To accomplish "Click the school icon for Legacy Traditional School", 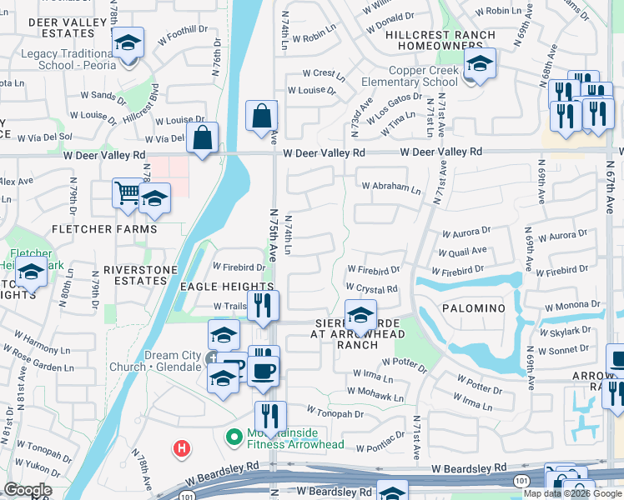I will click(128, 42).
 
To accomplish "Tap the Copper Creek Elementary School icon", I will click(480, 63).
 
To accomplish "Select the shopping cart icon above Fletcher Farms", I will click(128, 193).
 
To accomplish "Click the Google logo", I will click(28, 490).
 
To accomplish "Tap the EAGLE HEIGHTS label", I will click(216, 286).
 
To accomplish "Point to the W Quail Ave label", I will click(463, 250).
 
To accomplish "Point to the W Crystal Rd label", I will click(372, 288).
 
